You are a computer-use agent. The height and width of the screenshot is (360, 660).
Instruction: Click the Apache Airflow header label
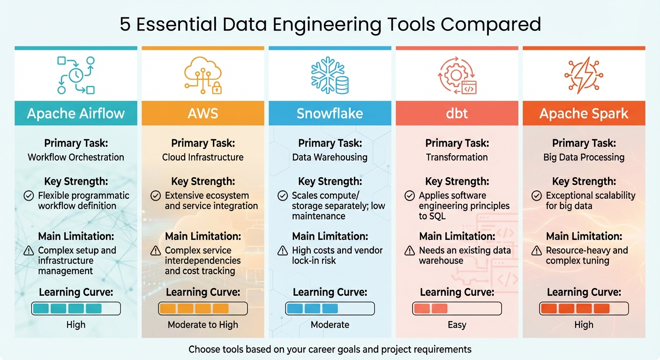click(x=76, y=113)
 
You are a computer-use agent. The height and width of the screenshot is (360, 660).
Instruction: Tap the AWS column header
click(x=203, y=113)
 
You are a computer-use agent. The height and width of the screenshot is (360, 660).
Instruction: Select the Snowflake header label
click(x=330, y=113)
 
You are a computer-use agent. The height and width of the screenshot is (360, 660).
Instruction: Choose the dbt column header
click(x=457, y=113)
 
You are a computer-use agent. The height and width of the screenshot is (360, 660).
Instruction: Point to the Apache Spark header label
click(x=584, y=113)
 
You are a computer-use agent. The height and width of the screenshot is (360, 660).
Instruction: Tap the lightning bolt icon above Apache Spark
click(x=584, y=75)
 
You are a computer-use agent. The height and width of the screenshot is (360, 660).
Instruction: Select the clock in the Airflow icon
click(x=76, y=75)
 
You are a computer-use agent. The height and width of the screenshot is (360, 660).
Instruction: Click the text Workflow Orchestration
click(x=76, y=157)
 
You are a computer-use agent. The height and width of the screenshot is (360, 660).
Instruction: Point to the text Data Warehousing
click(x=330, y=157)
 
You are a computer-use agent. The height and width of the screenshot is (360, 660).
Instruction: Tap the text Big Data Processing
click(x=584, y=157)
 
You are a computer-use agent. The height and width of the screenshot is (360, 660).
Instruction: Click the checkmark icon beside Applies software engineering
click(x=410, y=195)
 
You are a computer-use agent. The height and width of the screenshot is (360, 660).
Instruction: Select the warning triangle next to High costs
click(x=283, y=250)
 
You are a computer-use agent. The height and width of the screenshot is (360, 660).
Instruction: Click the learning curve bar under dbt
click(x=457, y=308)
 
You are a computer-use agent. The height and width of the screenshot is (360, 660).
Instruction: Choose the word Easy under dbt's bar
click(x=457, y=325)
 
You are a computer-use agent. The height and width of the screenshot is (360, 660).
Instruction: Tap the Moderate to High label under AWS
click(x=203, y=325)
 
